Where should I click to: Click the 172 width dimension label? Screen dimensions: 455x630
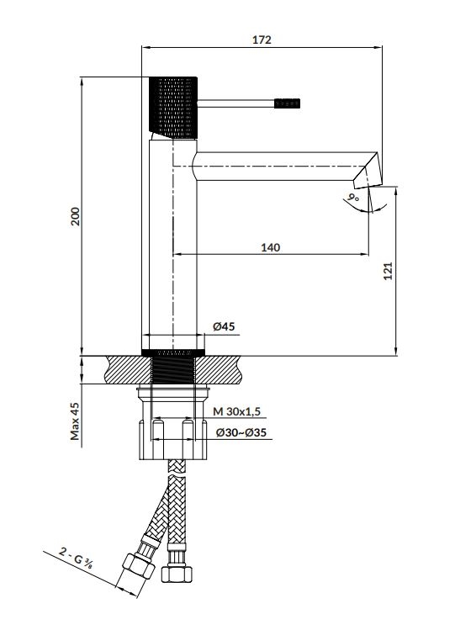pyautogui.click(x=262, y=40)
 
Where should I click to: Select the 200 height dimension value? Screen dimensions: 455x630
pyautogui.click(x=76, y=216)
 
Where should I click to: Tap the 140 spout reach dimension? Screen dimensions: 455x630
pyautogui.click(x=271, y=247)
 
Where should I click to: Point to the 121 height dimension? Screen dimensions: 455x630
pyautogui.click(x=388, y=271)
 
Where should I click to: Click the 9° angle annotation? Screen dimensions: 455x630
pyautogui.click(x=354, y=198)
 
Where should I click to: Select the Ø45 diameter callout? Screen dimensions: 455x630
pyautogui.click(x=224, y=326)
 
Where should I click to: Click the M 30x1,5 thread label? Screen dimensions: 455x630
pyautogui.click(x=237, y=411)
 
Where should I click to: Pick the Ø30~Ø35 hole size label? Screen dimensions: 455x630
pyautogui.click(x=241, y=432)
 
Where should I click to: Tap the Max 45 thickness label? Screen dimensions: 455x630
pyautogui.click(x=75, y=421)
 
